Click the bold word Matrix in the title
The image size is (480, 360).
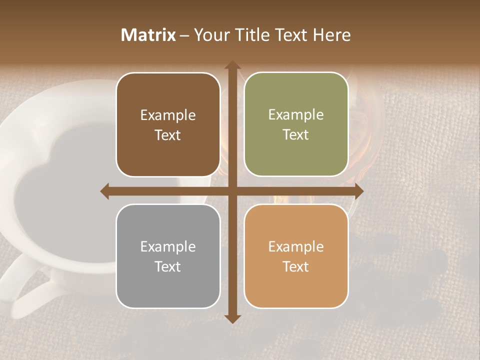click(x=148, y=35)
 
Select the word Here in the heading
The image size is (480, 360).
click(x=331, y=35)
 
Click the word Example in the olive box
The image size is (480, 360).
click(x=296, y=115)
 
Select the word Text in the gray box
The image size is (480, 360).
click(x=168, y=266)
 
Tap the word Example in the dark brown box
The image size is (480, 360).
click(x=168, y=115)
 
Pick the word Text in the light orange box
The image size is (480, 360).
click(x=296, y=266)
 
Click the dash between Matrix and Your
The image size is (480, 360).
click(x=184, y=35)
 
